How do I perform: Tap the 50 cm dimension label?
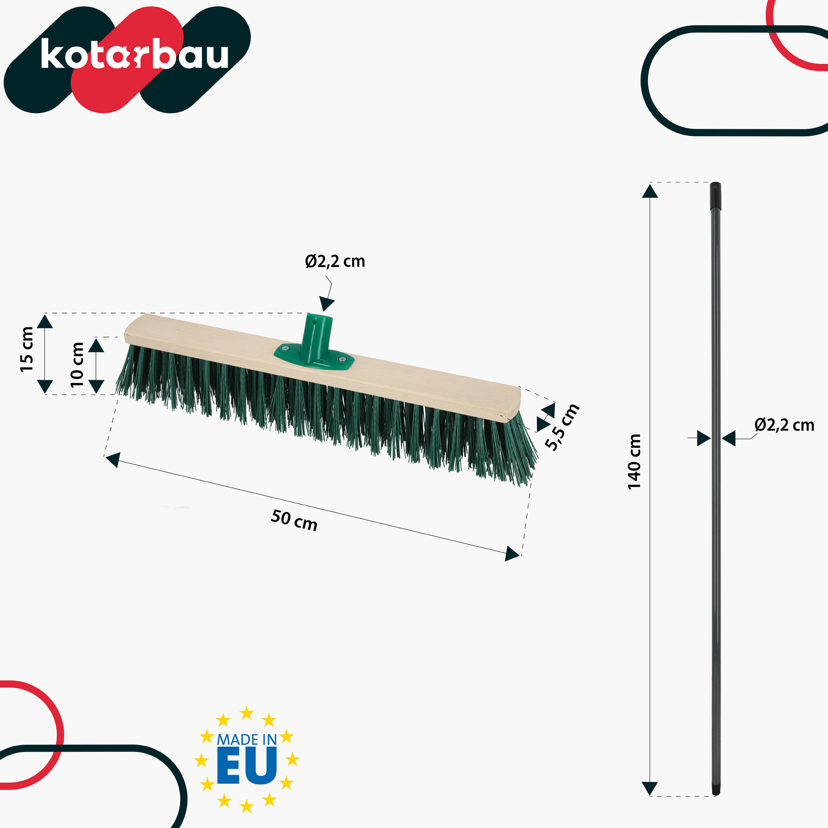click(x=294, y=520)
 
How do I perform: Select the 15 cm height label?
click(x=27, y=349)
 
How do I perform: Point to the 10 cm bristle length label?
click(x=77, y=364)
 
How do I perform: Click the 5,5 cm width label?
click(x=562, y=427)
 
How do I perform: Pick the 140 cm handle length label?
click(x=634, y=462)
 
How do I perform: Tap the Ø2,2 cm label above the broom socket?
click(x=335, y=261)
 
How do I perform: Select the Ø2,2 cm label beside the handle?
click(x=784, y=425)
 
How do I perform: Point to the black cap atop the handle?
click(x=715, y=195)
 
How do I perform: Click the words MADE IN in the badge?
click(x=247, y=739)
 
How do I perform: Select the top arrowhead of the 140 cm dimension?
click(x=650, y=192)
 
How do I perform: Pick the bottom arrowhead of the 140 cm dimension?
click(x=650, y=788)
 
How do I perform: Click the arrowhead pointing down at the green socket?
click(x=327, y=303)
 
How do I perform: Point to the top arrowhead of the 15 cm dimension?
click(x=44, y=321)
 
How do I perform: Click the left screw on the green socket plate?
click(x=286, y=348)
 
